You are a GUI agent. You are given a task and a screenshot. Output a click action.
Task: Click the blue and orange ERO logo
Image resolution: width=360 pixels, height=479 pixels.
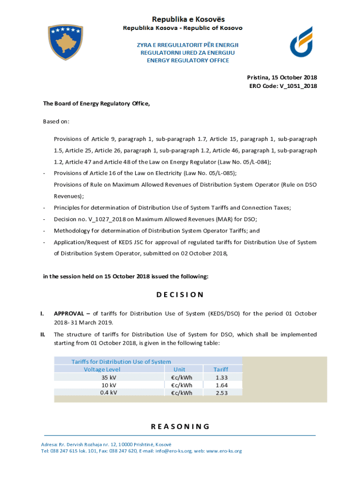301,42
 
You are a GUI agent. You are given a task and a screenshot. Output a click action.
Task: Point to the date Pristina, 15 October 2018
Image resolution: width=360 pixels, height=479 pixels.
282,77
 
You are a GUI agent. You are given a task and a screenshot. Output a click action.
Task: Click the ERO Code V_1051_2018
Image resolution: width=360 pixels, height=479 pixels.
283,86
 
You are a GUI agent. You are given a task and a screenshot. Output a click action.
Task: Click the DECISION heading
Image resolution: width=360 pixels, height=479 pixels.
180,295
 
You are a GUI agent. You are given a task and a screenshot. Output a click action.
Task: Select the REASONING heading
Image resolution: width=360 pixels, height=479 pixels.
180,426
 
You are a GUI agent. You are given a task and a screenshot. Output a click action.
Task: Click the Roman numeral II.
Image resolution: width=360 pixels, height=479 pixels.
43,334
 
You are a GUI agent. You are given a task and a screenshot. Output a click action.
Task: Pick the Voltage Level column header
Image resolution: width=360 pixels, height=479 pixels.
102,369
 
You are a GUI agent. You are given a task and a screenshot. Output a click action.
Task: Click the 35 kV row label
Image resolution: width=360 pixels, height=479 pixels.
108,377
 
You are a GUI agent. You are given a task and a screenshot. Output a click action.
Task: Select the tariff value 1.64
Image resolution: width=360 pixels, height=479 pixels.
222,385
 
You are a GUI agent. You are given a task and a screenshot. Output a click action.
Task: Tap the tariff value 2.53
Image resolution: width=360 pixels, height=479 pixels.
222,393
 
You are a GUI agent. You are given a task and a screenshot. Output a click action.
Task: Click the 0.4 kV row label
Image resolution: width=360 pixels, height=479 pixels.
108,392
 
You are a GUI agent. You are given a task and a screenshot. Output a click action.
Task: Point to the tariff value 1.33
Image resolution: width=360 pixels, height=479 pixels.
222,377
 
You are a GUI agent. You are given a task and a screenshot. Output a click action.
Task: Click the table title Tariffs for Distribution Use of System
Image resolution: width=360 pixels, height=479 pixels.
121,362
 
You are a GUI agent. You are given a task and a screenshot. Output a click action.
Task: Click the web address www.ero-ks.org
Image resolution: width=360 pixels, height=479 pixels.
224,451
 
